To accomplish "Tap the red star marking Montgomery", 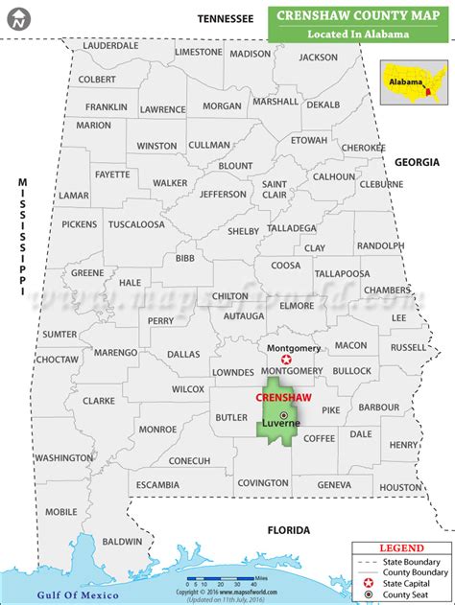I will click(285, 359).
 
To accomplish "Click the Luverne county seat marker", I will click(283, 414).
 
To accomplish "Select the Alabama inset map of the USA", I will click(415, 81).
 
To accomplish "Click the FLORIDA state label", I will click(288, 529).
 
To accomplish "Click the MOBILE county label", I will click(60, 511).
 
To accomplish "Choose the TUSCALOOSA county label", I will click(136, 224).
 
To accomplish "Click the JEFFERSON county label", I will click(223, 194).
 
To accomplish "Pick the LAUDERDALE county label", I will click(111, 45).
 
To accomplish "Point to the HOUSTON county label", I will click(399, 487).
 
